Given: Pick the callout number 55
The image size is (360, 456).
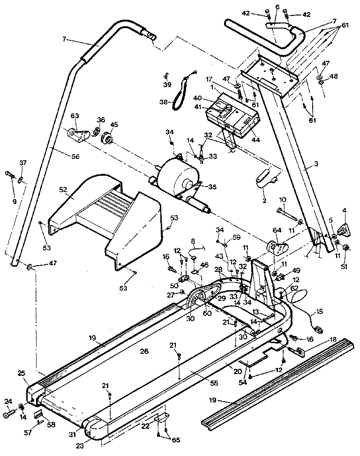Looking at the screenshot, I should pos(214,383).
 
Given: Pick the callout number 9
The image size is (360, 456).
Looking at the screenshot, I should pos(15,201).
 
